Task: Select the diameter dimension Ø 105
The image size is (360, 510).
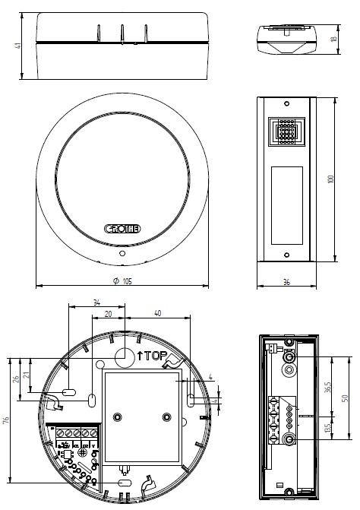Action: [122, 281]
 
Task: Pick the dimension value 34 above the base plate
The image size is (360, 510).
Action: [96, 302]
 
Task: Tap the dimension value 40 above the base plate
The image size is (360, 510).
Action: [156, 312]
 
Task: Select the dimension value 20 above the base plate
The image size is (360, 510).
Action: [109, 312]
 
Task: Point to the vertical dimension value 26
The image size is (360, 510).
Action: [17, 378]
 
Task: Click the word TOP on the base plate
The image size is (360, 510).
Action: [152, 355]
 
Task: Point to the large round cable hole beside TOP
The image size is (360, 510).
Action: [124, 356]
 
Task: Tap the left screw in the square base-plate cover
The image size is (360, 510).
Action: [117, 417]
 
